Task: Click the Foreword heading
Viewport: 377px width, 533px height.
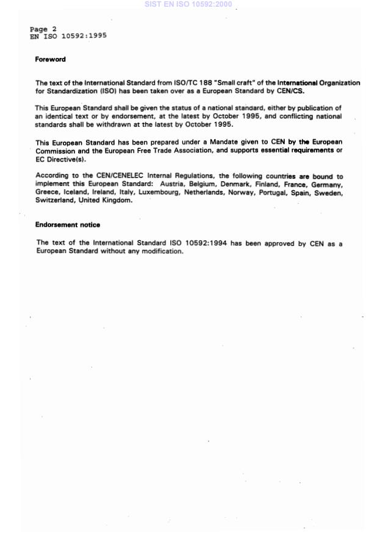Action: [x=50, y=60]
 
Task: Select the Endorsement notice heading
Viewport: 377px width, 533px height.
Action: [x=67, y=225]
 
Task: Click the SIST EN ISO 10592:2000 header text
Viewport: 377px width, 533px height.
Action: [x=188, y=4]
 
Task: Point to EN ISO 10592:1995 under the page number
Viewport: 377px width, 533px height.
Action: [x=68, y=36]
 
